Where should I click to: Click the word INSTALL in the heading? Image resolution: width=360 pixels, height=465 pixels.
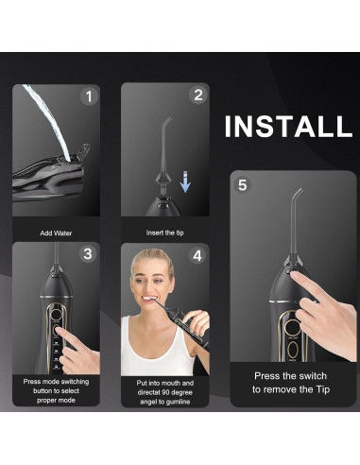(287, 126)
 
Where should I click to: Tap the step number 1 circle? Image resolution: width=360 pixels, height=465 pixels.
(90, 96)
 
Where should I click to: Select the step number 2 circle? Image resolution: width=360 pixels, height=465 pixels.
(197, 95)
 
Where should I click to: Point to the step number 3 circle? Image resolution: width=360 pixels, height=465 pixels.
(88, 254)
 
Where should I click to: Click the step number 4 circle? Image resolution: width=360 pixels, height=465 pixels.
(197, 255)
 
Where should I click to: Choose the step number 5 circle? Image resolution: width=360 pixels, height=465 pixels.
(242, 185)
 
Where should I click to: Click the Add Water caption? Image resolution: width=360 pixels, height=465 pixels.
(57, 232)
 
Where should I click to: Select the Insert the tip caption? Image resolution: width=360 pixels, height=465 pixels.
(165, 232)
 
